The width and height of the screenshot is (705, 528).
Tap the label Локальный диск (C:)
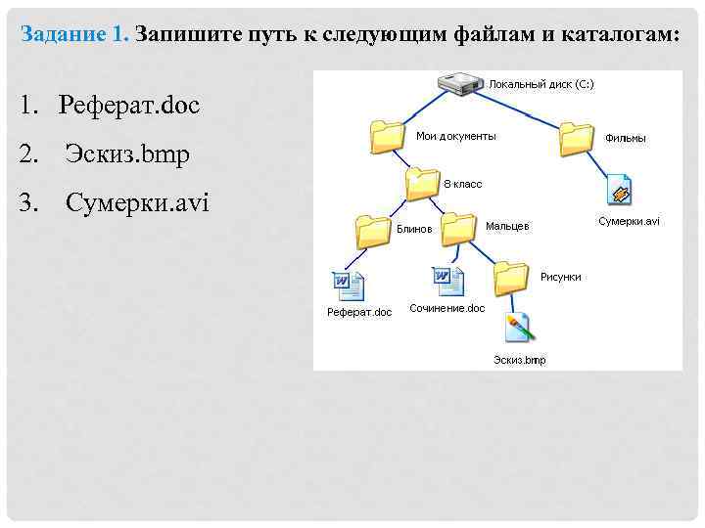[540, 84]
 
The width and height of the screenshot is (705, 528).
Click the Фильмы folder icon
[577, 138]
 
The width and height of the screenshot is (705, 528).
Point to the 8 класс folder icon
[423, 183]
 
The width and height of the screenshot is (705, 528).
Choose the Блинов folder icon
[373, 231]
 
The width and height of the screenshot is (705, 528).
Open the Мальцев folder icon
[458, 229]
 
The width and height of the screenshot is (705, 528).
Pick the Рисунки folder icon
[511, 278]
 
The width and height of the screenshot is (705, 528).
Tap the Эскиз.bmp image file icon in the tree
[518, 330]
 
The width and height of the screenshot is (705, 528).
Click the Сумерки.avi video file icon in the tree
[620, 190]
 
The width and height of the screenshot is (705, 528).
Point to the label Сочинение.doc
[446, 308]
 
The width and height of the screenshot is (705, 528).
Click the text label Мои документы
[455, 136]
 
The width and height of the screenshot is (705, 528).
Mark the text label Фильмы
[625, 139]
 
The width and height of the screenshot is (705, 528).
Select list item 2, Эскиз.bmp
[127, 154]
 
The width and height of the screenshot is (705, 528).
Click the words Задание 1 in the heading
[74, 34]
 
